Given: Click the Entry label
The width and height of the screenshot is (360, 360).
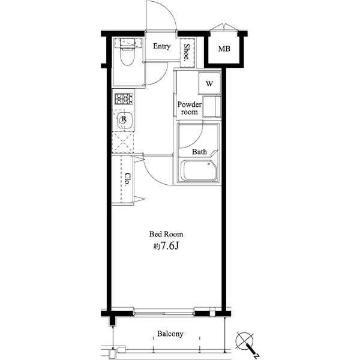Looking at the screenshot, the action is pyautogui.click(x=162, y=46).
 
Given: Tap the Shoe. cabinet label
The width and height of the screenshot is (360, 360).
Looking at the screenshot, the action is pyautogui.click(x=187, y=52).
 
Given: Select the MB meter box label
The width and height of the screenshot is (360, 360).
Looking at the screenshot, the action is pyautogui.click(x=224, y=49).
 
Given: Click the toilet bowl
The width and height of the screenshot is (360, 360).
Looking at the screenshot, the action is pyautogui.click(x=127, y=58).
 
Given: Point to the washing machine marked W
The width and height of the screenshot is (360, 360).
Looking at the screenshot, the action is pyautogui.click(x=209, y=83).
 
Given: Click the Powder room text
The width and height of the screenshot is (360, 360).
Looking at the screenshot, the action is pyautogui.click(x=190, y=108).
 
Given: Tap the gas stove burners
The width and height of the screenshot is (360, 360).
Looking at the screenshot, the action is pyautogui.click(x=124, y=99).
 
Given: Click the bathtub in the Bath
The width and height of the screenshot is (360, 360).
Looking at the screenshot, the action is pyautogui.click(x=199, y=170).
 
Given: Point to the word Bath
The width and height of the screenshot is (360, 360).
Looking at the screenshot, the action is pyautogui.click(x=199, y=152).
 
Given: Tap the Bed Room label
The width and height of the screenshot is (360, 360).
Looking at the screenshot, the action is pyautogui.click(x=166, y=234).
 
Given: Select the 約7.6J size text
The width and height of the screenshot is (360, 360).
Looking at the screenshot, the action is pyautogui.click(x=166, y=246).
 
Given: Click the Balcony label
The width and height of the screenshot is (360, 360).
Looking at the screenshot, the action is pyautogui.click(x=170, y=334).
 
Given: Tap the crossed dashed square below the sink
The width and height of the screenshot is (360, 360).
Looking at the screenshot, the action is pyautogui.click(x=123, y=142).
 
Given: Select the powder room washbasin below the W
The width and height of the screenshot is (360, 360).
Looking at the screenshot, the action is pyautogui.click(x=212, y=107).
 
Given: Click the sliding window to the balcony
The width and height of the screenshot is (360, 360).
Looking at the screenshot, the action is pyautogui.click(x=164, y=313).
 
